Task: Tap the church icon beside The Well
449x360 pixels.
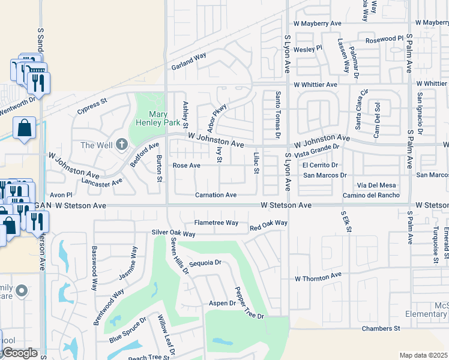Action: click(x=122, y=144)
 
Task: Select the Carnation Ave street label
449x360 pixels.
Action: click(x=215, y=195)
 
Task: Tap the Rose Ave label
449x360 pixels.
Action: click(x=186, y=165)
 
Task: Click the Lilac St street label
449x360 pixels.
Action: click(x=256, y=163)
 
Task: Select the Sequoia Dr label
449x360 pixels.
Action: click(x=205, y=263)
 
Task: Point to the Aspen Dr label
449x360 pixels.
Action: click(x=222, y=304)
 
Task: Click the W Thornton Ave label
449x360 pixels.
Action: click(x=318, y=278)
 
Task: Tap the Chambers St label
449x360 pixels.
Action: click(x=380, y=328)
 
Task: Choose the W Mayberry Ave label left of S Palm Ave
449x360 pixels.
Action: click(x=318, y=23)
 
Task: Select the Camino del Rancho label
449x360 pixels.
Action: click(x=371, y=196)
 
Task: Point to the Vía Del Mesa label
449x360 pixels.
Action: click(x=376, y=185)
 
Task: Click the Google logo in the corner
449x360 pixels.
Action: click(x=19, y=353)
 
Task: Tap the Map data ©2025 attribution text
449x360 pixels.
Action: click(x=423, y=355)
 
